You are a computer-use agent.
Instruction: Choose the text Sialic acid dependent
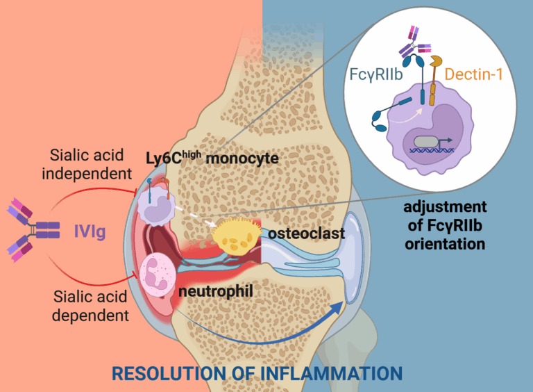click(91, 306)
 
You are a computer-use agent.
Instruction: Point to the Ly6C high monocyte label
click(212, 158)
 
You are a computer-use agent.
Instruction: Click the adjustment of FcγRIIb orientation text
click(445, 226)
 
